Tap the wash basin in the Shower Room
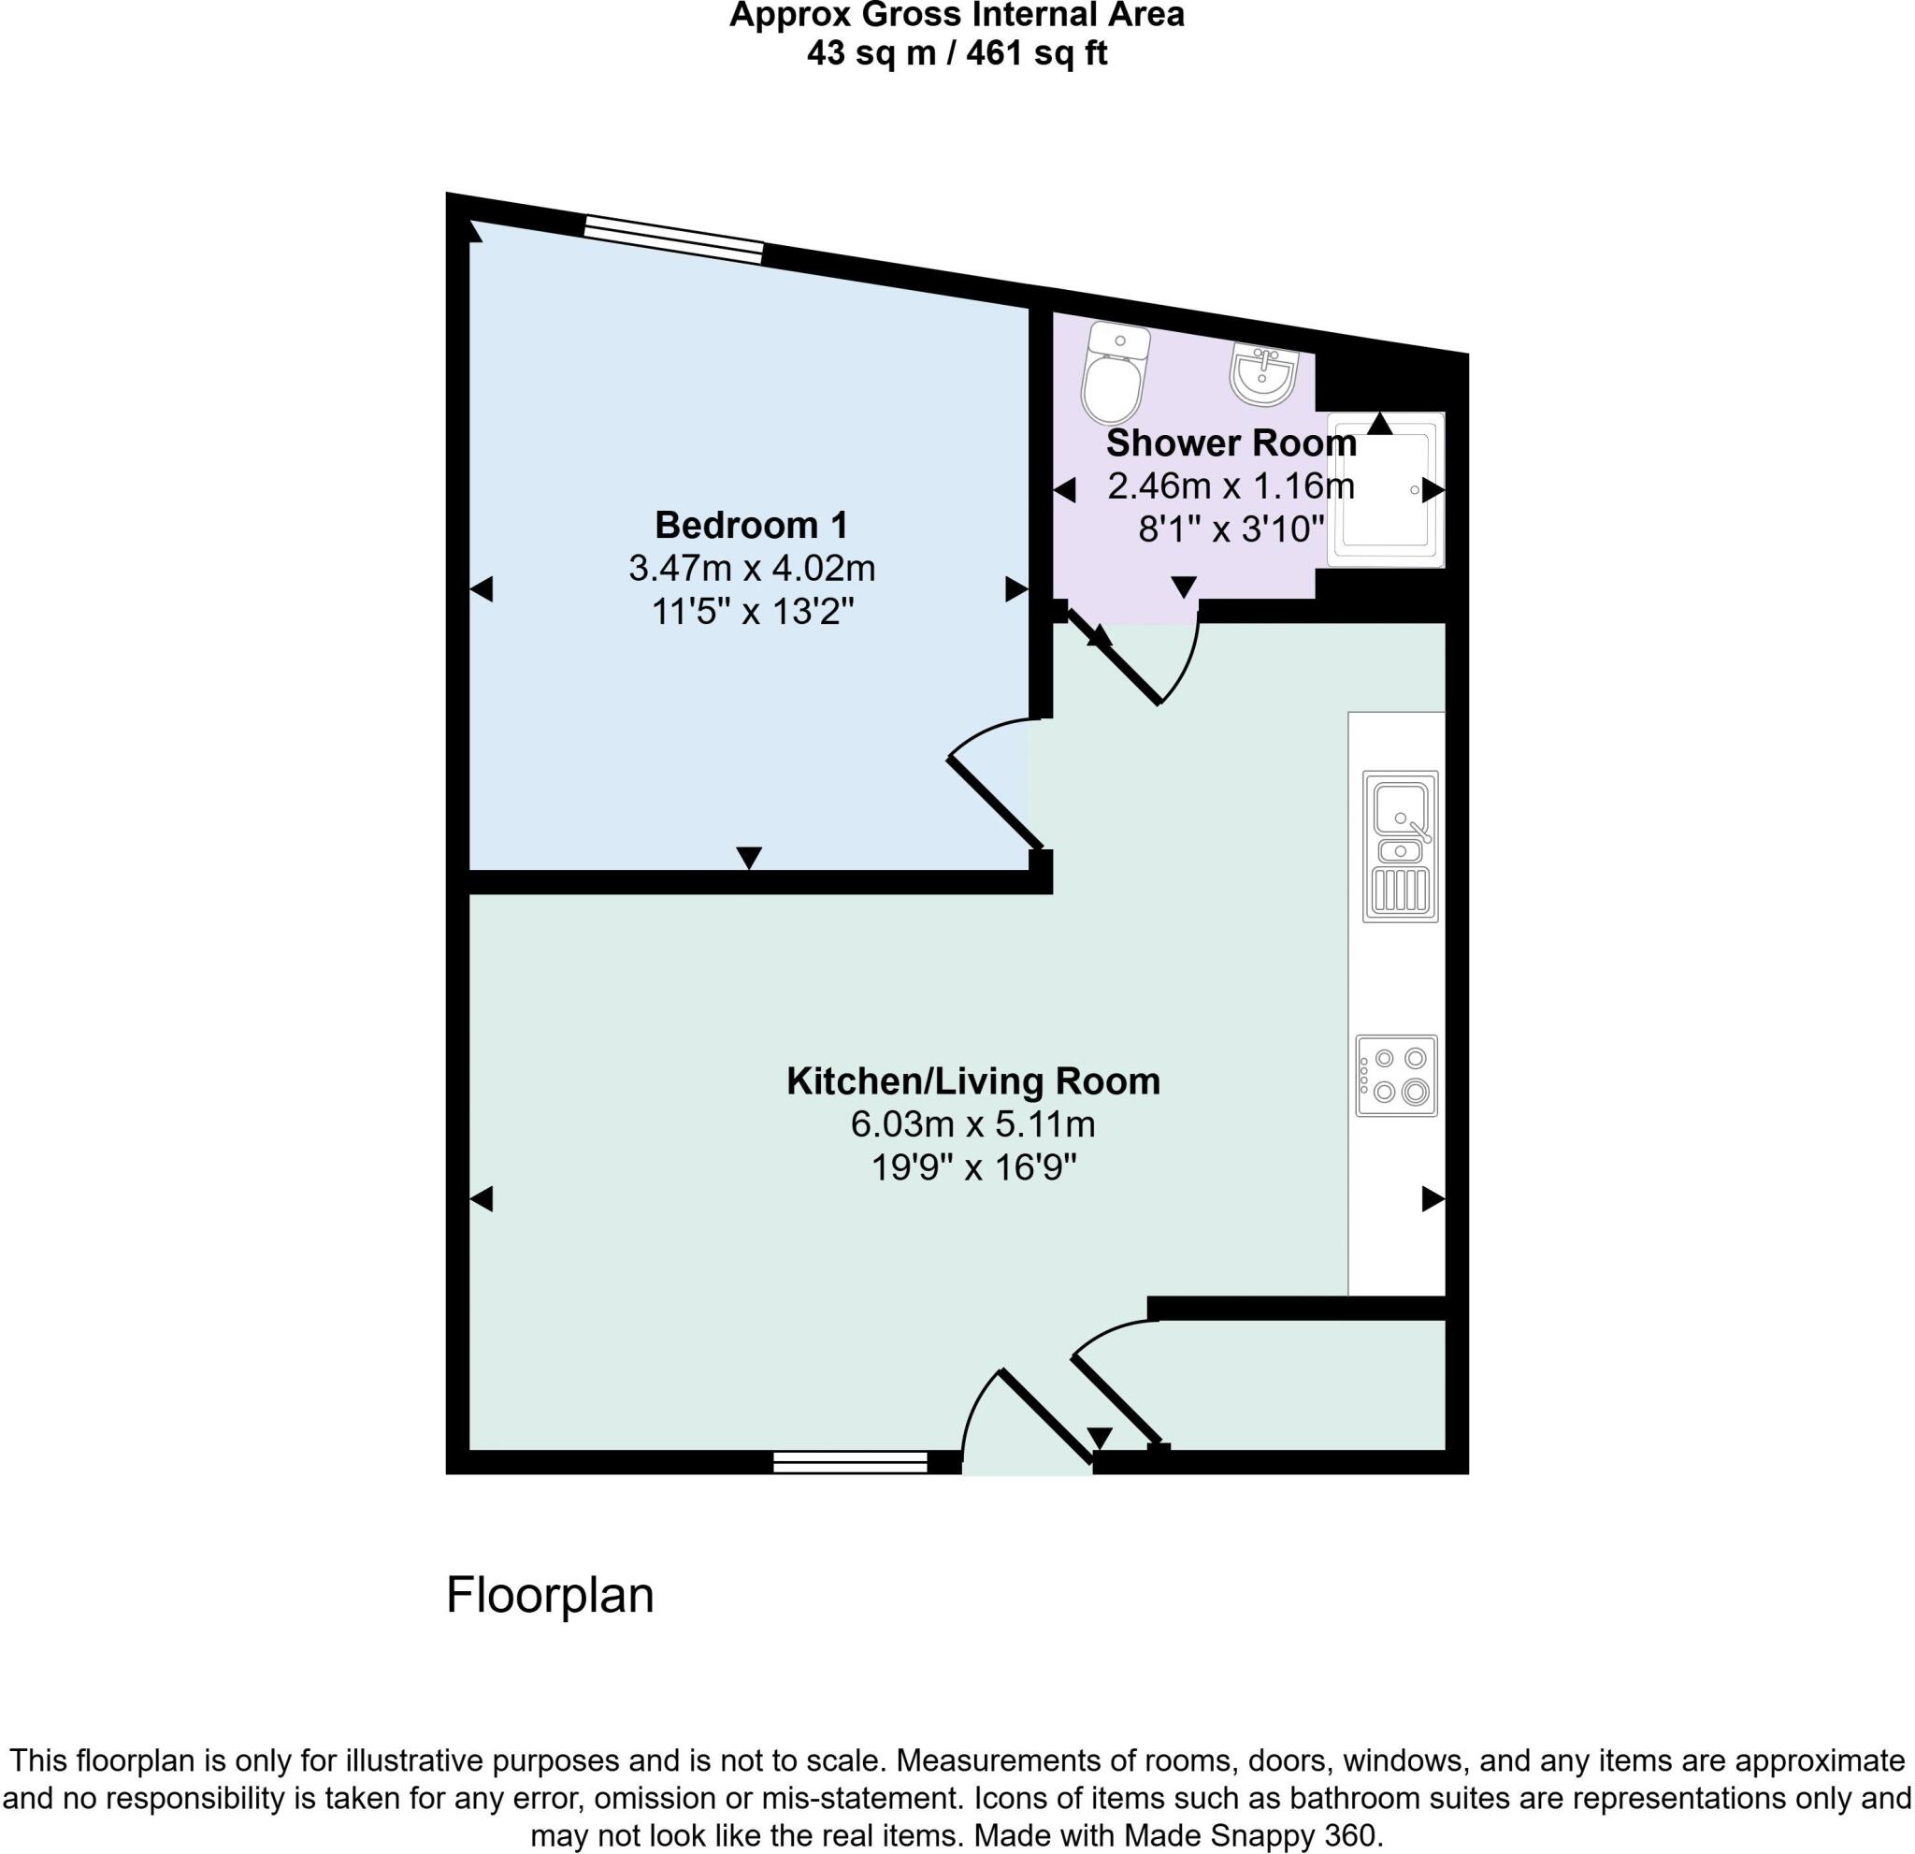point(1263,372)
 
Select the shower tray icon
point(1386,488)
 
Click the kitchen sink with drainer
point(1400,847)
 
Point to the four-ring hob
point(1396,1076)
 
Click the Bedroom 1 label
point(752,526)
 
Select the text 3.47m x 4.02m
point(752,568)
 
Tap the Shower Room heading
point(1231,443)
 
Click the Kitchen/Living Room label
point(973,1082)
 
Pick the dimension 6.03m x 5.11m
point(973,1125)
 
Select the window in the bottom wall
point(849,1462)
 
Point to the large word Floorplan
point(549,1595)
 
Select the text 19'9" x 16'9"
point(973,1168)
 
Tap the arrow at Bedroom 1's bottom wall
point(748,857)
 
